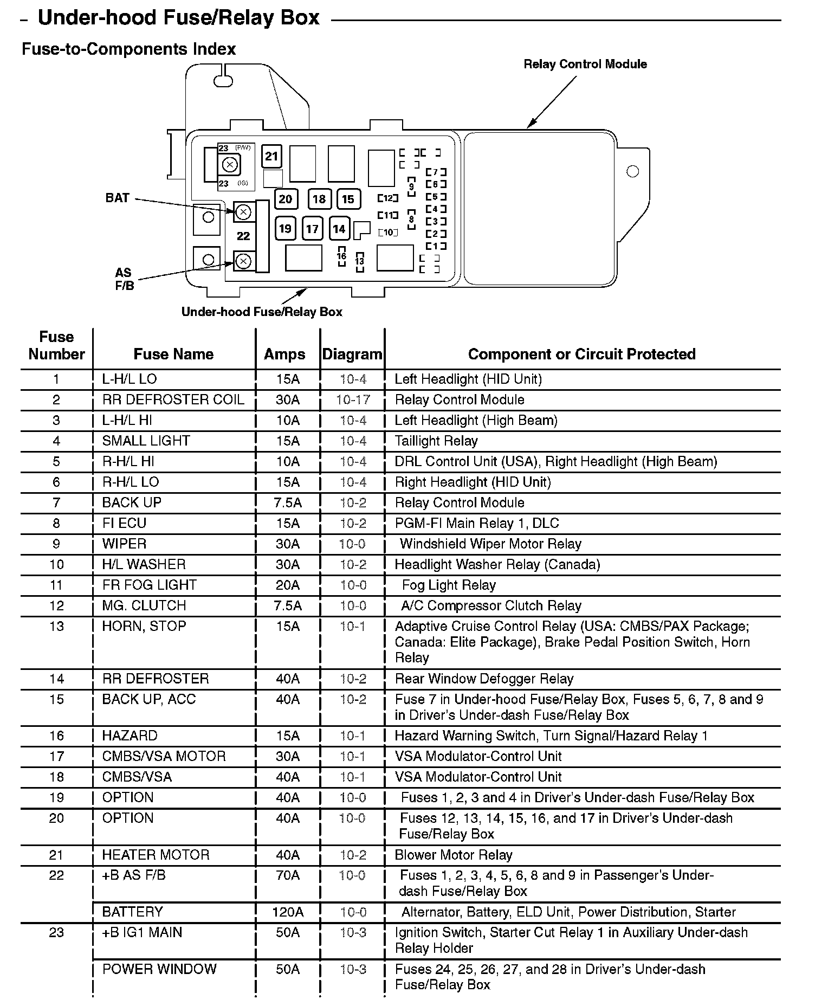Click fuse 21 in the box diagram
271,157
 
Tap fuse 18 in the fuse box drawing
319,199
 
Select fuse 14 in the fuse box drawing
339,229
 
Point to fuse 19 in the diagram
285,228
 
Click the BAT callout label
118,198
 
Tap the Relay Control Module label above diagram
585,64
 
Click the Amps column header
284,354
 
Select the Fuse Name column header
173,354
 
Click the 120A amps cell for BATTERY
288,912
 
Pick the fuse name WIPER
125,544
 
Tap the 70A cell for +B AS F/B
288,875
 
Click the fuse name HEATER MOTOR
156,855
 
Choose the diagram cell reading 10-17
353,400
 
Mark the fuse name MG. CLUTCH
144,605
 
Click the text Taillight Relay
436,441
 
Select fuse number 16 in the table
56,736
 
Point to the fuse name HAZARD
130,736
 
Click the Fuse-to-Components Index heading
129,49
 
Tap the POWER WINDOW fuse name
159,969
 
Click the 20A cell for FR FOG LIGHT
288,585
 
